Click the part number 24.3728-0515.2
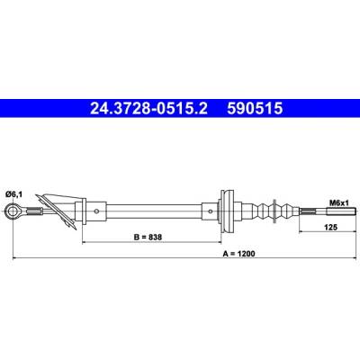click(x=148, y=108)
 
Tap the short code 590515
click(x=255, y=108)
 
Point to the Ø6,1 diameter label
click(x=13, y=194)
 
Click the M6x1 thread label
click(x=339, y=203)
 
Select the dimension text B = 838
click(x=148, y=237)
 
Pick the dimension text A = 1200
click(x=238, y=254)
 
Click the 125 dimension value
click(x=331, y=227)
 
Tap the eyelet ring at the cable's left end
click(x=13, y=211)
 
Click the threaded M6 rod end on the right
click(x=340, y=211)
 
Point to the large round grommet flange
click(x=227, y=211)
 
